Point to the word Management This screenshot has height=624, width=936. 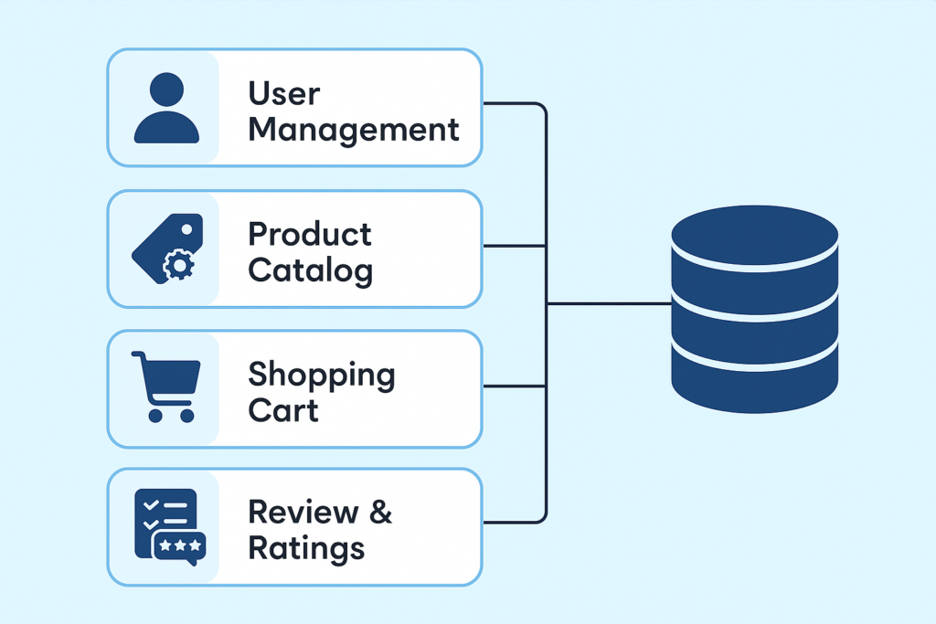point(354,130)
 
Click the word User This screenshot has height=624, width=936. point(284,93)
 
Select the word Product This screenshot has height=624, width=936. point(310,234)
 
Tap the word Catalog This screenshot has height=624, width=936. point(310,270)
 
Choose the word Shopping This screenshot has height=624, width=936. point(322,375)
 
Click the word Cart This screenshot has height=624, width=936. point(283,410)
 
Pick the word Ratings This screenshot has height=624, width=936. point(306,549)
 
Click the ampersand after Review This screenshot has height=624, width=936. point(380,513)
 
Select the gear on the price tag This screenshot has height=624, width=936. point(178,266)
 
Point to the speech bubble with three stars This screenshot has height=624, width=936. point(179,546)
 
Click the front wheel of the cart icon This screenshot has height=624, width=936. point(186,415)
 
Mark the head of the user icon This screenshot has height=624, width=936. point(165,91)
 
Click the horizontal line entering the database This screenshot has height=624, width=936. point(608,303)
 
